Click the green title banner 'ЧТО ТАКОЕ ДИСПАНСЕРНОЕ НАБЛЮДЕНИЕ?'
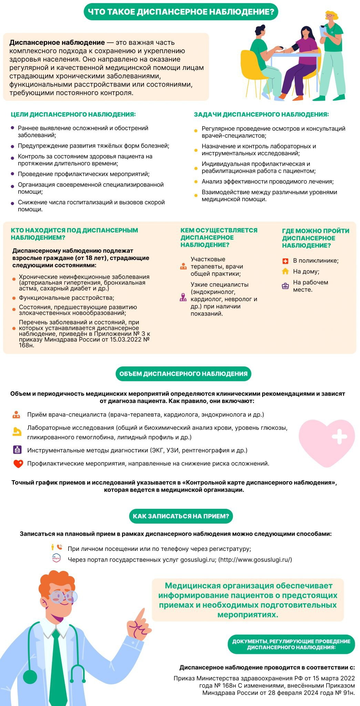coord(181,12)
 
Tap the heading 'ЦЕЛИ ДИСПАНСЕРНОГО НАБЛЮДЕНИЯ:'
coord(73,114)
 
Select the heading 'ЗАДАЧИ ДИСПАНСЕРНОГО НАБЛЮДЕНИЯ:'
coord(261,114)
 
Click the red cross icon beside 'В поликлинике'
coord(285,261)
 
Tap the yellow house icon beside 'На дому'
coord(285,271)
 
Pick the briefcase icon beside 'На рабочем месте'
coord(285,286)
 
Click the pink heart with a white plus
coord(327,442)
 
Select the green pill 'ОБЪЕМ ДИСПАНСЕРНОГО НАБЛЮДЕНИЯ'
coord(183,374)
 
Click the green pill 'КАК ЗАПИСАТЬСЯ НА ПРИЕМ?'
coord(181,516)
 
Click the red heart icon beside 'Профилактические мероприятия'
coord(18,464)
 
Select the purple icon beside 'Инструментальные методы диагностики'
coord(17,450)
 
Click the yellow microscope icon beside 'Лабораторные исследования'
coord(17,431)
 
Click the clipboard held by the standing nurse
coord(323,31)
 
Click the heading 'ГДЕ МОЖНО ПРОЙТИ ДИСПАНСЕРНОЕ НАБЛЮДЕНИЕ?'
coord(315,238)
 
